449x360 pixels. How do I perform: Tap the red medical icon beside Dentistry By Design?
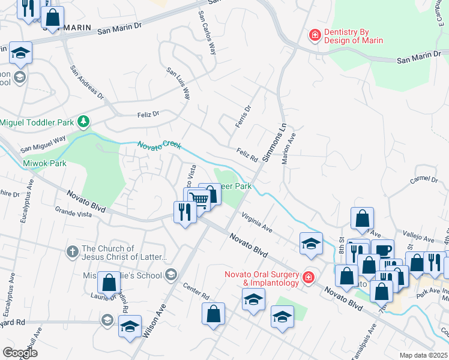(x=314, y=36)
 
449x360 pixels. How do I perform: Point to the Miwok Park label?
(x=44, y=163)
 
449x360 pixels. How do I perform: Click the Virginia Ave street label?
(x=257, y=223)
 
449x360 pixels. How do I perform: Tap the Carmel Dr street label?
(x=424, y=179)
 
